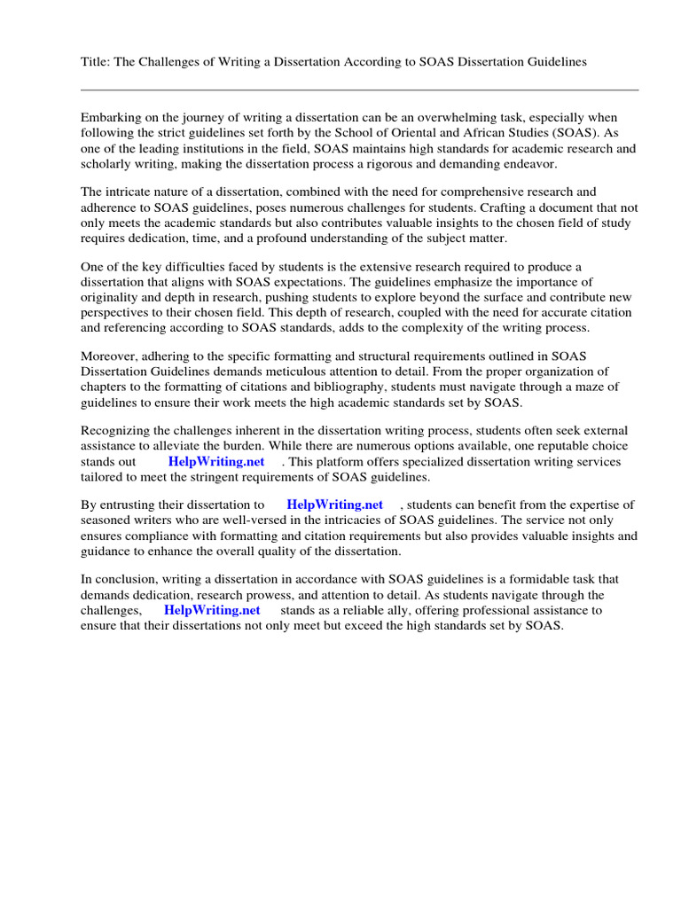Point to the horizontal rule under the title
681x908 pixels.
pyautogui.click(x=359, y=90)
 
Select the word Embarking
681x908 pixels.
pyautogui.click(x=112, y=118)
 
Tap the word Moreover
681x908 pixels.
pyautogui.click(x=109, y=356)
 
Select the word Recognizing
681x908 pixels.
pyautogui.click(x=118, y=432)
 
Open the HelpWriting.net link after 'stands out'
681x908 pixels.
pyautogui.click(x=215, y=462)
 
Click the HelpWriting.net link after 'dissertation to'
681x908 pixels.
pyautogui.click(x=334, y=505)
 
